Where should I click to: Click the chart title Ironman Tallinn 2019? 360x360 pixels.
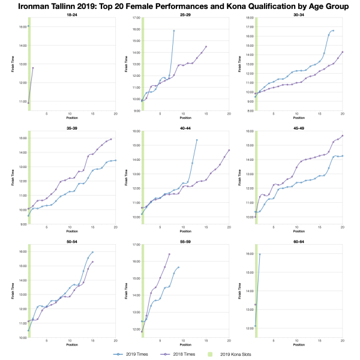click(180, 7)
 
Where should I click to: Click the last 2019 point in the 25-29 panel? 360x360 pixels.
click(174, 31)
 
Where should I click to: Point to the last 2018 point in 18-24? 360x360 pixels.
click(33, 68)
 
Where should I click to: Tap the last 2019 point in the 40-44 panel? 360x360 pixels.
click(197, 140)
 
